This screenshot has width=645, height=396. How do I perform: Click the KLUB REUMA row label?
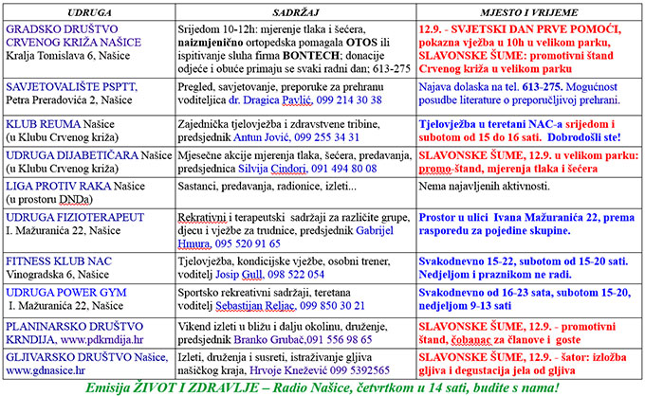43,122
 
